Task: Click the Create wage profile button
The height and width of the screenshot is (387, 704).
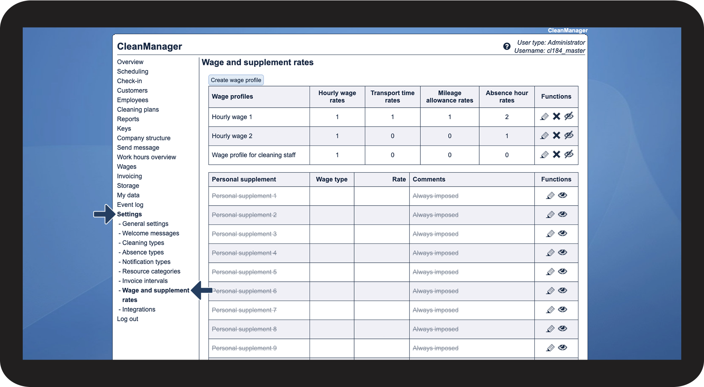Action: click(236, 80)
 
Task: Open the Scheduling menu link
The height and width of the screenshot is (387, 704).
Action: click(132, 71)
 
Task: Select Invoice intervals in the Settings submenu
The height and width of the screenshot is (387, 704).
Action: click(145, 281)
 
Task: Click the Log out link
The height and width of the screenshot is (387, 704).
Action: click(127, 319)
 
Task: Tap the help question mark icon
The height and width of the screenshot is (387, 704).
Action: click(507, 46)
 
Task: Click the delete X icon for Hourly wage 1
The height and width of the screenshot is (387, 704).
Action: click(557, 116)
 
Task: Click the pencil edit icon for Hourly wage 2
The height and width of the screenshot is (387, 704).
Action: click(544, 136)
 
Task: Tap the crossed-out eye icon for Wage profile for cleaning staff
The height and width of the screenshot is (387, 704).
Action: click(569, 154)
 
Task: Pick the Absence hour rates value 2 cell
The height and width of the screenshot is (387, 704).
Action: click(507, 117)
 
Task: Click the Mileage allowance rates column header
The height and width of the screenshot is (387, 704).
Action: click(449, 96)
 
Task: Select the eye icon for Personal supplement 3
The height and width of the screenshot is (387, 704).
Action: click(563, 234)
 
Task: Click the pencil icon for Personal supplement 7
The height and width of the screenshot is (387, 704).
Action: click(550, 310)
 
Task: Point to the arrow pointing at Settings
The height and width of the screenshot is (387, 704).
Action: click(104, 214)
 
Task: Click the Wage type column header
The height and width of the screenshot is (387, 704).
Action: click(331, 179)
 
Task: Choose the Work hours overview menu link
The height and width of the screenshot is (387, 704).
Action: click(146, 157)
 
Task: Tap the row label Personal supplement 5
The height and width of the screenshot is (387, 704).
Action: click(244, 272)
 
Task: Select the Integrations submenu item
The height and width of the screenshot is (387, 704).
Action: click(139, 309)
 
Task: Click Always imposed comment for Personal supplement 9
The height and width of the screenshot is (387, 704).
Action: click(435, 348)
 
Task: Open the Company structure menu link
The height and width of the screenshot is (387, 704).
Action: click(143, 138)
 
